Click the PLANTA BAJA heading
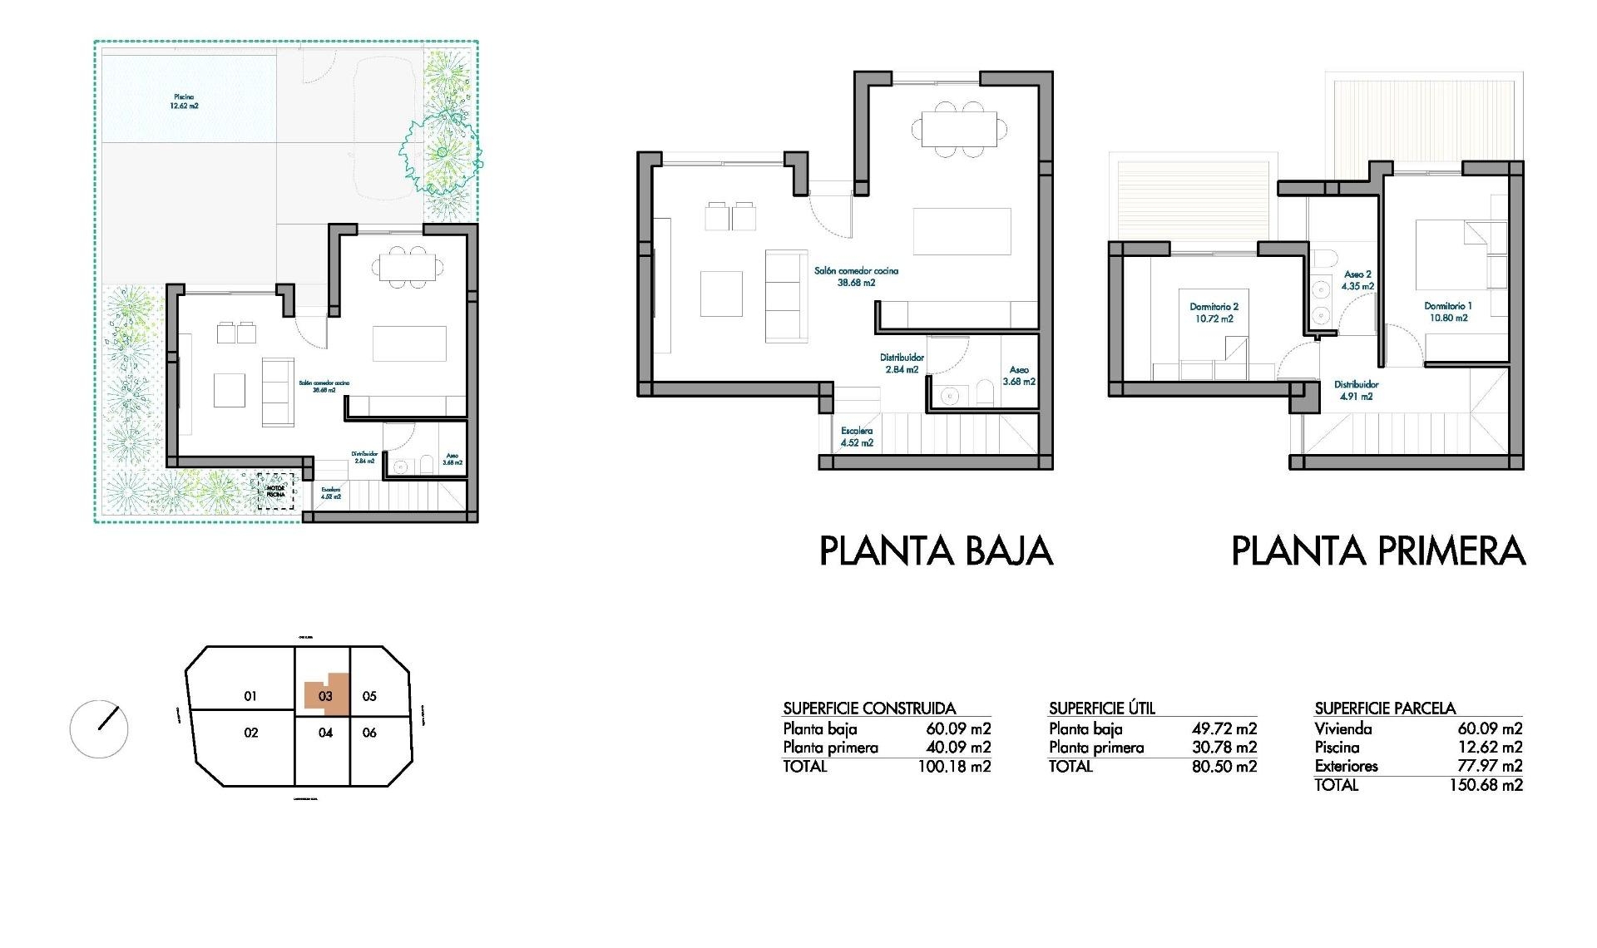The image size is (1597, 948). click(x=936, y=551)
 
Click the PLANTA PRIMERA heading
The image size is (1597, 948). click(x=1377, y=551)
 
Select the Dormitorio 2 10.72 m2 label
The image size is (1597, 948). click(x=1214, y=313)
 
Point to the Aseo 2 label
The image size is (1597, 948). click(x=1357, y=280)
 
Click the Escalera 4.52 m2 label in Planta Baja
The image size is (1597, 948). click(x=857, y=437)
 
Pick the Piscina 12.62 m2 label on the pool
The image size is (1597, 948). click(x=184, y=101)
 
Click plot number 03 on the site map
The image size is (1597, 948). click(x=325, y=696)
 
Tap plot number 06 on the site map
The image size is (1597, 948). click(x=369, y=733)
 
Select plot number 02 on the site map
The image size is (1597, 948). click(x=250, y=733)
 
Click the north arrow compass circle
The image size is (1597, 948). click(x=99, y=729)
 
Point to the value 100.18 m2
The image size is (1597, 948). click(x=954, y=767)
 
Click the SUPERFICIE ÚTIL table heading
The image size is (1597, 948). click(x=1101, y=709)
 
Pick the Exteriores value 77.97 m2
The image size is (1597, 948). click(x=1490, y=766)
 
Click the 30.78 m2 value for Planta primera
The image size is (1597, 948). click(x=1224, y=748)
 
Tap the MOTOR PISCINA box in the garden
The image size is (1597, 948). click(x=275, y=491)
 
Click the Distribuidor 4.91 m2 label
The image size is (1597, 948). click(x=1356, y=390)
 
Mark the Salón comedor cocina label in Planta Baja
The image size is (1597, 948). click(x=856, y=276)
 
